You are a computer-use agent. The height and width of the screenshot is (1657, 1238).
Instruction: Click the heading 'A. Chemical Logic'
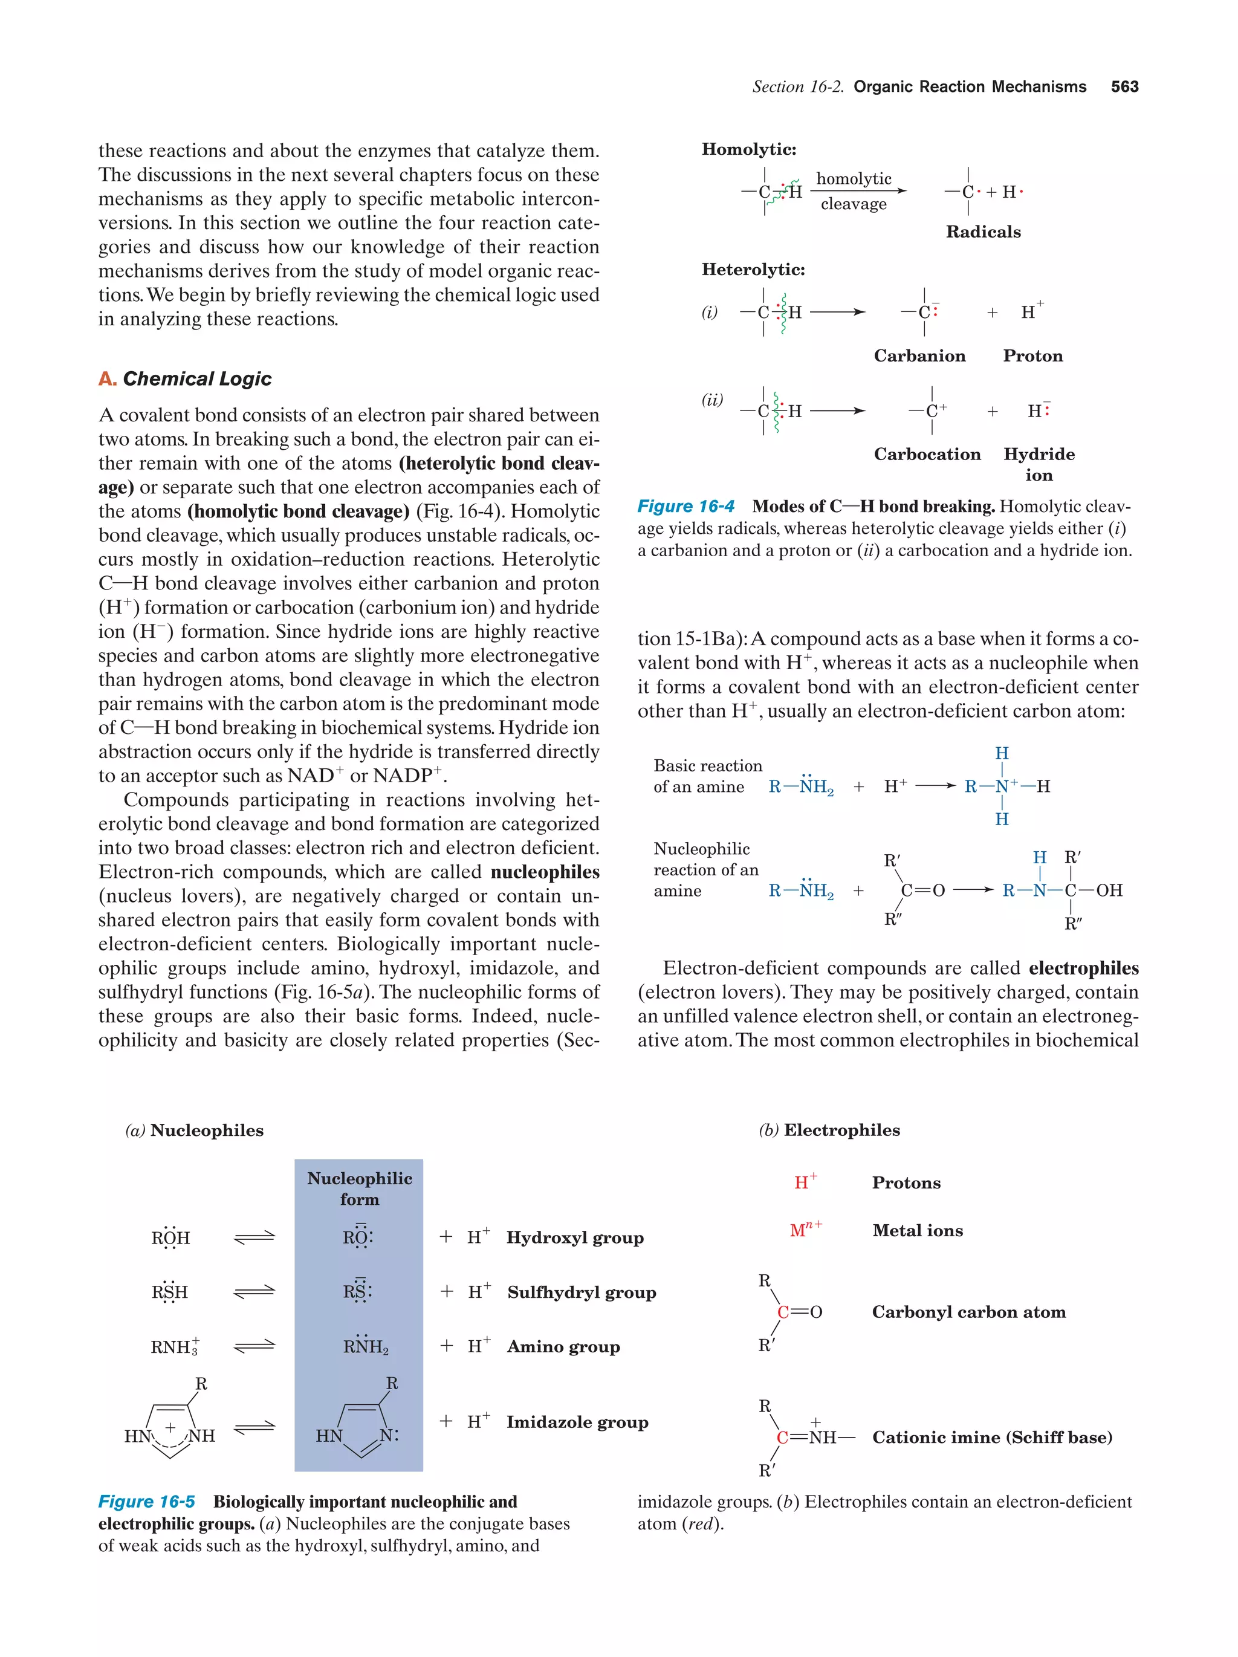pos(185,379)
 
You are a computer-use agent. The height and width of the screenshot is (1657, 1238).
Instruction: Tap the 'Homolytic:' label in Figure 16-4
pos(748,149)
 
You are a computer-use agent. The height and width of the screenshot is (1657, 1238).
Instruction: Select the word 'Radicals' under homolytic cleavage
pos(983,232)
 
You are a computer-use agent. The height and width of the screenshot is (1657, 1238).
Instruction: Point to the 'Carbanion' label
pos(919,356)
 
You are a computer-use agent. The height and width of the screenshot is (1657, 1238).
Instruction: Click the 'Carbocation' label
pos(927,454)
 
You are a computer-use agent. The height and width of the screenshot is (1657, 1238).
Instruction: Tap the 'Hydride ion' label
pos(1038,464)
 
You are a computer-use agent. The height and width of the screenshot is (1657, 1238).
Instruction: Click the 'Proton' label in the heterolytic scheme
pos(1032,356)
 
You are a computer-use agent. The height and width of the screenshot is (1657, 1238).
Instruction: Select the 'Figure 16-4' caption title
pos(685,507)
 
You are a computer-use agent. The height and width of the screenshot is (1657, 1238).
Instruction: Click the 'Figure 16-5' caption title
pos(147,1501)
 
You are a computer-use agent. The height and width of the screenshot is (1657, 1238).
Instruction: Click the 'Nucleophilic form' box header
pos(360,1188)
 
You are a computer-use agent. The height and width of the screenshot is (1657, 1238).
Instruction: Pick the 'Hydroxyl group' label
pos(574,1237)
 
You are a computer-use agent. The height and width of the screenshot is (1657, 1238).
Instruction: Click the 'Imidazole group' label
pos(577,1422)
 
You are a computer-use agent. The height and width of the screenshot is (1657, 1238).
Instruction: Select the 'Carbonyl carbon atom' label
pos(968,1312)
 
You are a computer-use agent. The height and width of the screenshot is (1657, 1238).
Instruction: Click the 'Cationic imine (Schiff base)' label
pos(991,1437)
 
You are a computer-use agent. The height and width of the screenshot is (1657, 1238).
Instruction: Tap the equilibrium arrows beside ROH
pos(254,1237)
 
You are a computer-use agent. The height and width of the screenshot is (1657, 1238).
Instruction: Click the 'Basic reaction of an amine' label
pos(707,776)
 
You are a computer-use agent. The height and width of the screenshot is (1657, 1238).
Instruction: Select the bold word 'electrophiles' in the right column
pos(1083,968)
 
